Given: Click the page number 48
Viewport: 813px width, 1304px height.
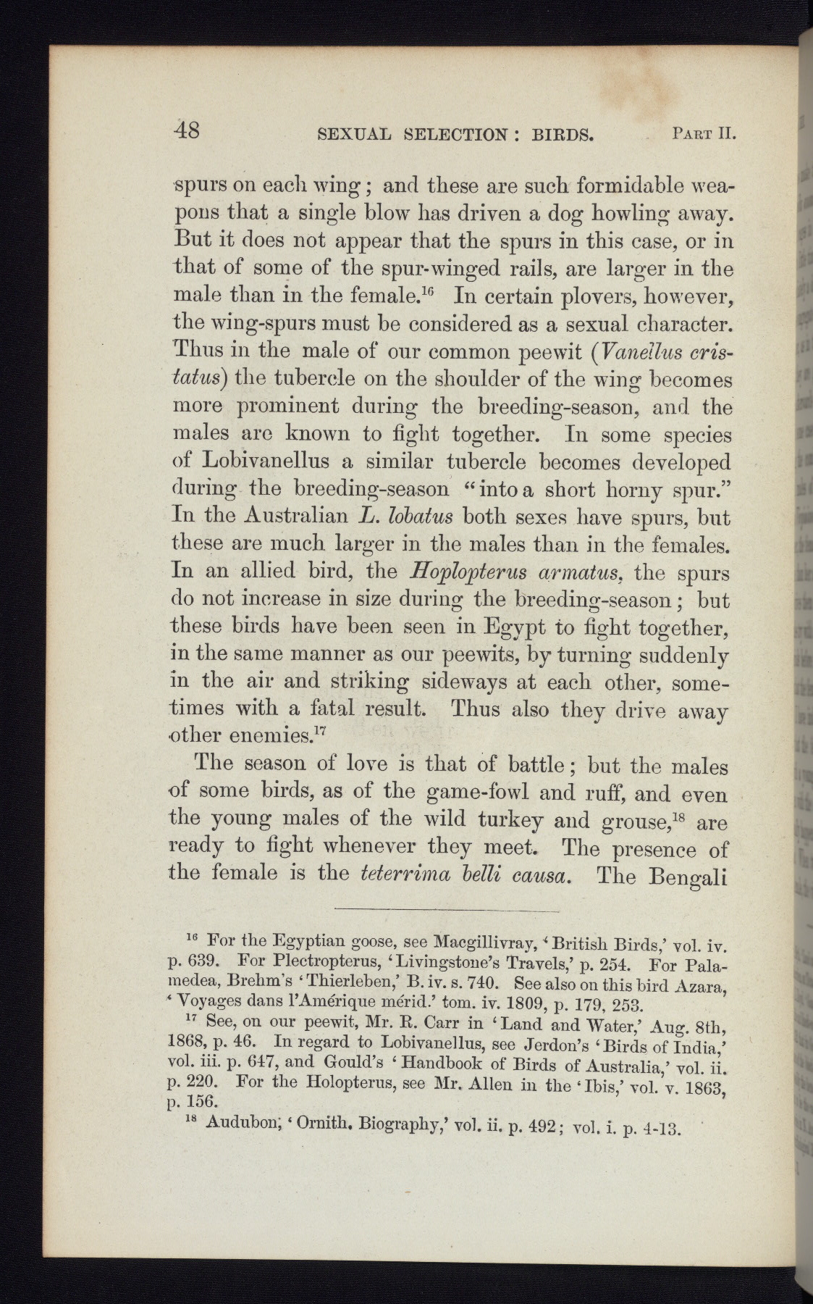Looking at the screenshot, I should (x=188, y=131).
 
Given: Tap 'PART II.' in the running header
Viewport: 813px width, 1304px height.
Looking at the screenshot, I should (x=703, y=134).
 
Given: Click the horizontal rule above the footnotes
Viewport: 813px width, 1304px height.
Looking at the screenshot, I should (x=447, y=909).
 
